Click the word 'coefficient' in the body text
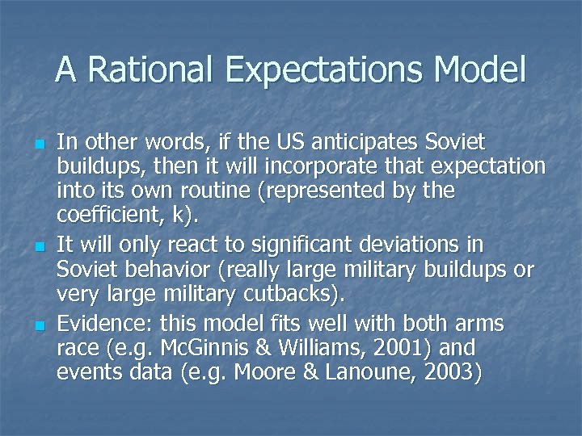click(101, 216)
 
